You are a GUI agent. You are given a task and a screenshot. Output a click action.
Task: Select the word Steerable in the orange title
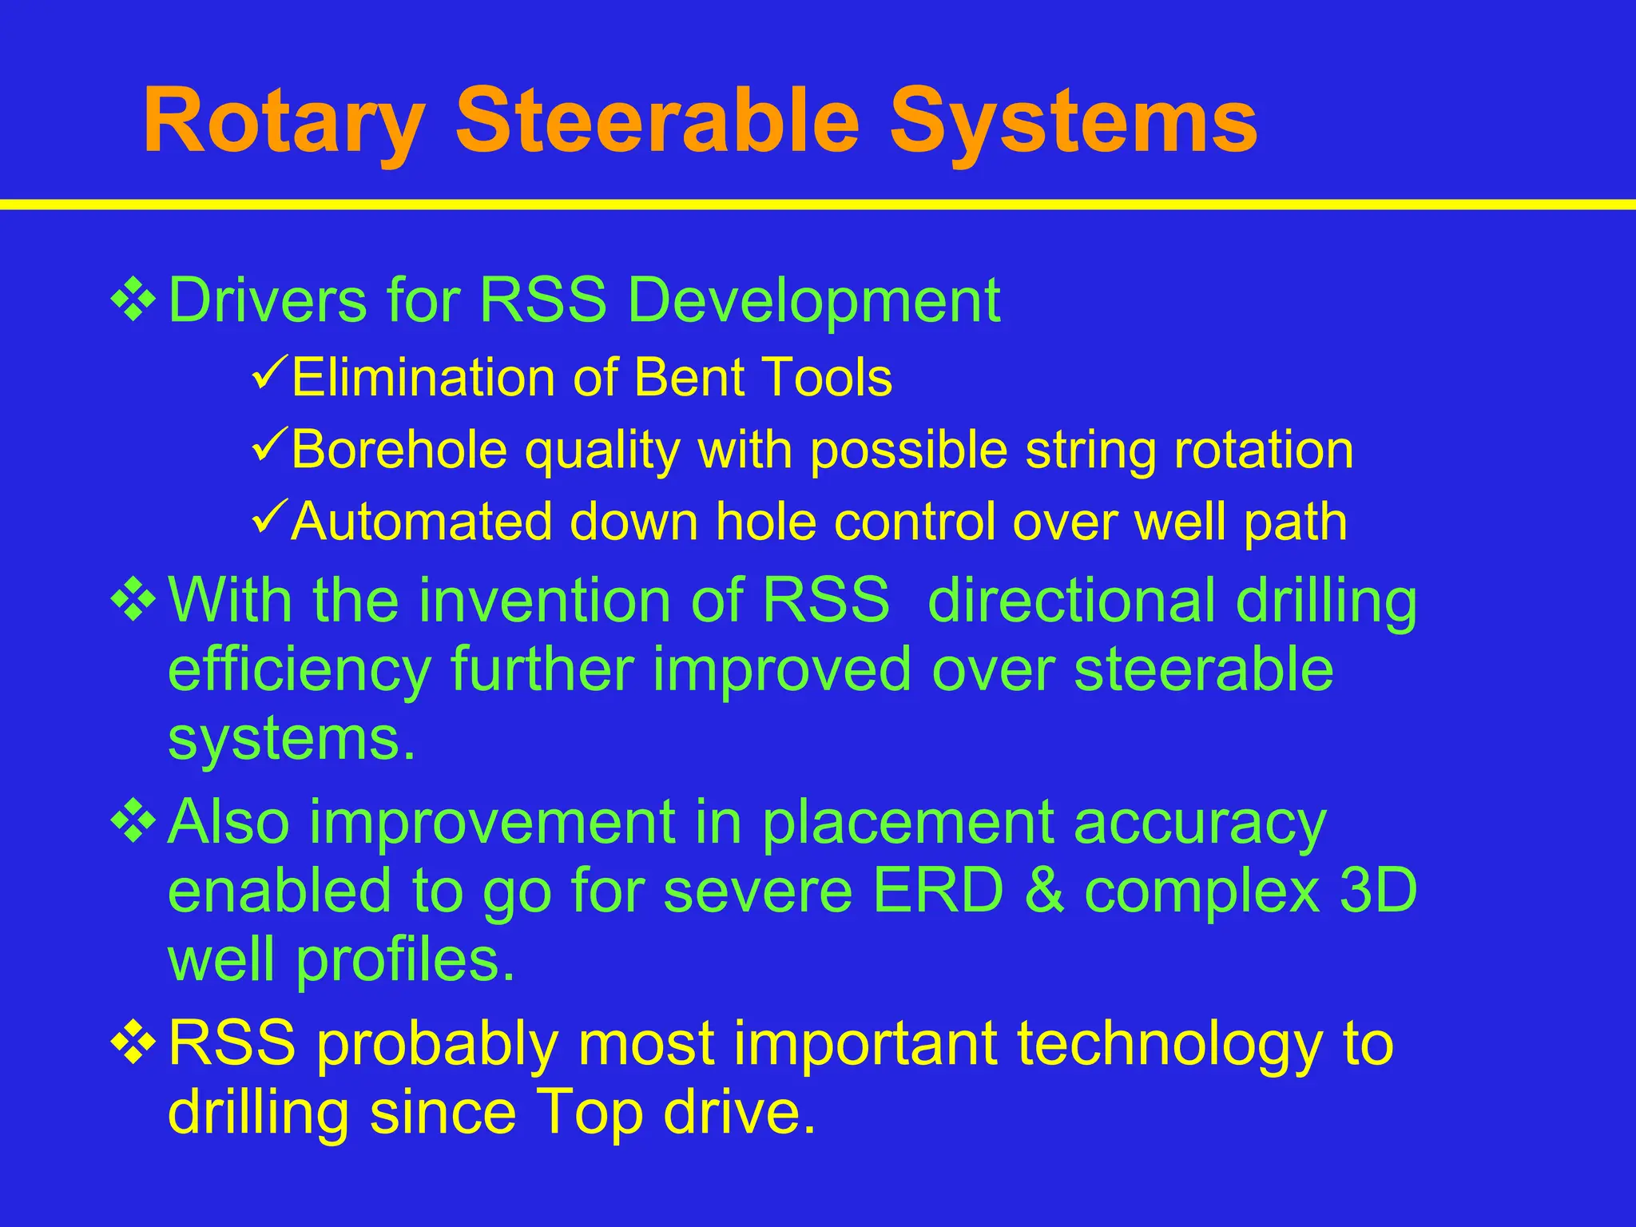click(x=657, y=121)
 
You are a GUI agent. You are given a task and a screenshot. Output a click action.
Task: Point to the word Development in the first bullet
click(x=812, y=301)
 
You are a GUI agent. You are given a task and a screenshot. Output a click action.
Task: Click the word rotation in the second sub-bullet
click(x=1264, y=449)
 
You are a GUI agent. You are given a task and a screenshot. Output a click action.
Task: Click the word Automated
click(x=422, y=522)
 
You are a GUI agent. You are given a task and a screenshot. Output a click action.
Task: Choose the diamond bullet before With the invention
click(x=133, y=601)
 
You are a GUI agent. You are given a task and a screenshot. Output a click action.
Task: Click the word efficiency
click(x=299, y=671)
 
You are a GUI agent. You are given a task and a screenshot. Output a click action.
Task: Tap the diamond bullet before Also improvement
click(x=133, y=822)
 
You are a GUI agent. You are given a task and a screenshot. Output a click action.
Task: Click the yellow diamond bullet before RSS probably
click(x=133, y=1043)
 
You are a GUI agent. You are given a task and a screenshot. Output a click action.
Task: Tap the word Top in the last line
click(x=590, y=1112)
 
